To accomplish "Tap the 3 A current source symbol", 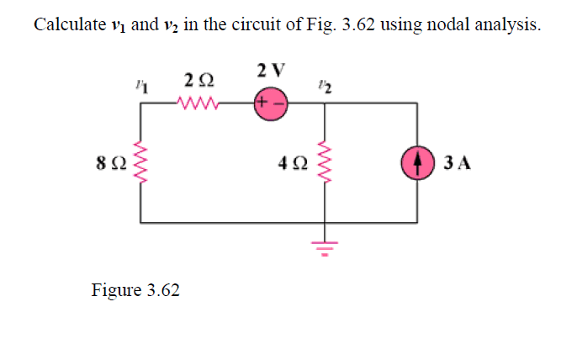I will (417, 161).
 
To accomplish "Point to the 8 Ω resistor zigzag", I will (140, 161).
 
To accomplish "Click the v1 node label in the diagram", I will (140, 84).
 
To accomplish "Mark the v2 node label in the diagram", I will (325, 84).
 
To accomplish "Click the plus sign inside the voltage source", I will (263, 105).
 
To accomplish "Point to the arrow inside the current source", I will (417, 161).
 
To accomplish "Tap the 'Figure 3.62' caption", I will (135, 290).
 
